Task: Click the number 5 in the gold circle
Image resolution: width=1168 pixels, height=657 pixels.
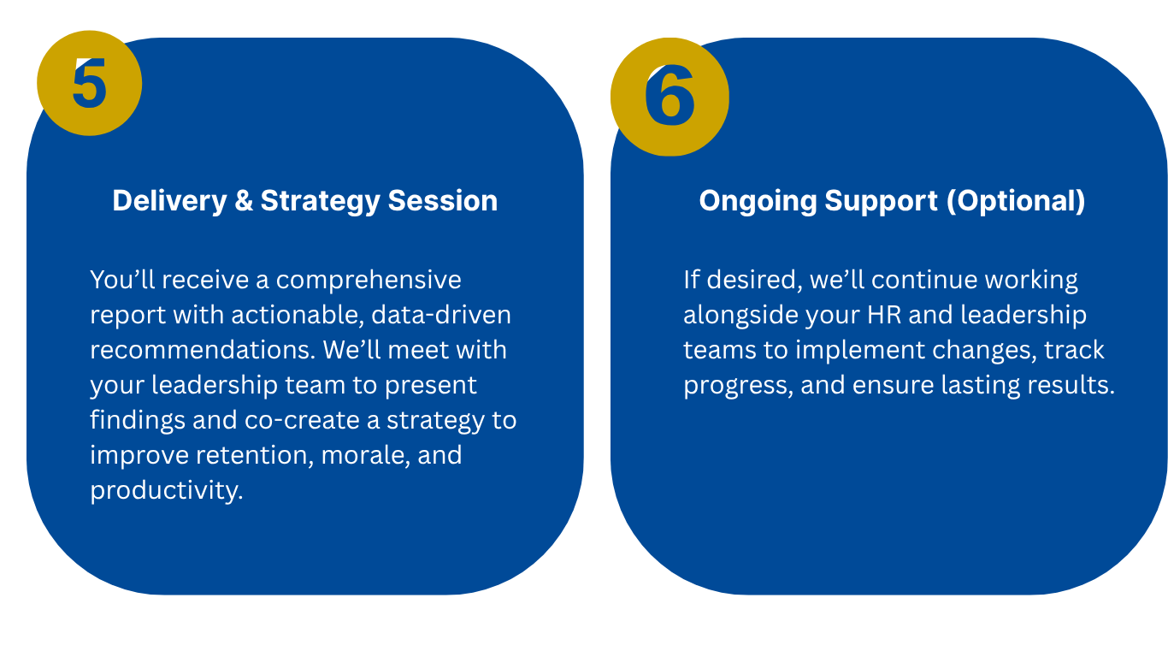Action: [x=89, y=83]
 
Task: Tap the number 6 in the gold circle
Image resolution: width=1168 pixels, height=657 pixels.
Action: [x=670, y=96]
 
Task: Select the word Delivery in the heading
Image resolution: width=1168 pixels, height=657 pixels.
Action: [x=169, y=201]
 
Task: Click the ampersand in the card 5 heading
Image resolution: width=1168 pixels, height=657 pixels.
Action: [x=244, y=200]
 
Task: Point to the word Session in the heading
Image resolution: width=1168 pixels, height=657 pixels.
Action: [x=443, y=200]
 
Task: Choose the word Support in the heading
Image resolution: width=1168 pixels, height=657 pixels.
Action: [x=881, y=201]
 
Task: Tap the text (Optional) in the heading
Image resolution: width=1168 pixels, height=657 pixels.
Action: [x=1016, y=201]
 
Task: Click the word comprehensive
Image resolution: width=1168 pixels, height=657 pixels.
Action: [x=369, y=281]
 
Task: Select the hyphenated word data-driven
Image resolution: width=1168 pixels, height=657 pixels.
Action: [x=441, y=315]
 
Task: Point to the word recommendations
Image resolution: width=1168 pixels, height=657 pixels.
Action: [x=203, y=350]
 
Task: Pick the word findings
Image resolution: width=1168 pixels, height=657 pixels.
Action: [x=138, y=421]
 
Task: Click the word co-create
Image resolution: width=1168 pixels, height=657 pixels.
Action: [x=302, y=420]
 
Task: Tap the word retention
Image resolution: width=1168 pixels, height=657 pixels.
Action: [x=255, y=455]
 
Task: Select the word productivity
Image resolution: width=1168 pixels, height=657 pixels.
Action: [x=167, y=491]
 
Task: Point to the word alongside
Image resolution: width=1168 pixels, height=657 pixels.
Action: [x=740, y=316]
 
